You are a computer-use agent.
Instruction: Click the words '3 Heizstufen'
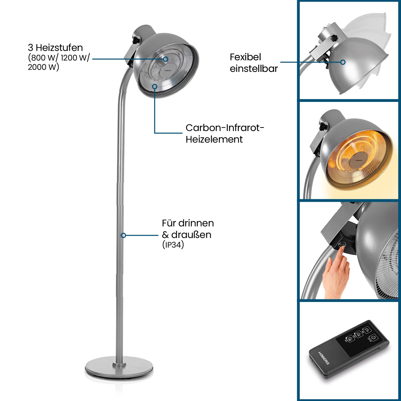(x=55, y=48)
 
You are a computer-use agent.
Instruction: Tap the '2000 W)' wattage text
(x=44, y=67)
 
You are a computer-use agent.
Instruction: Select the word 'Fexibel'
(x=245, y=57)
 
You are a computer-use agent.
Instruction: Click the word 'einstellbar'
(x=254, y=69)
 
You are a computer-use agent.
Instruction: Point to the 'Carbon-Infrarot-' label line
(x=225, y=128)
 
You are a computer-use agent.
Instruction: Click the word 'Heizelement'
(x=214, y=140)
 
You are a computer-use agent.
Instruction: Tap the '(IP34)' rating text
(x=173, y=245)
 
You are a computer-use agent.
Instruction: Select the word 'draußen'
(x=191, y=235)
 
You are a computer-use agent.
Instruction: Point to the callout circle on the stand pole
(x=123, y=235)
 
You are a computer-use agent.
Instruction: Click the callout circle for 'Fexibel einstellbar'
(x=343, y=62)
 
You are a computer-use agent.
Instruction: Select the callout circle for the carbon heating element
(x=155, y=86)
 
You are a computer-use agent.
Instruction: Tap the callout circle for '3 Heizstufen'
(x=166, y=59)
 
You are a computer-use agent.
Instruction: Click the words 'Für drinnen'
(x=188, y=223)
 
